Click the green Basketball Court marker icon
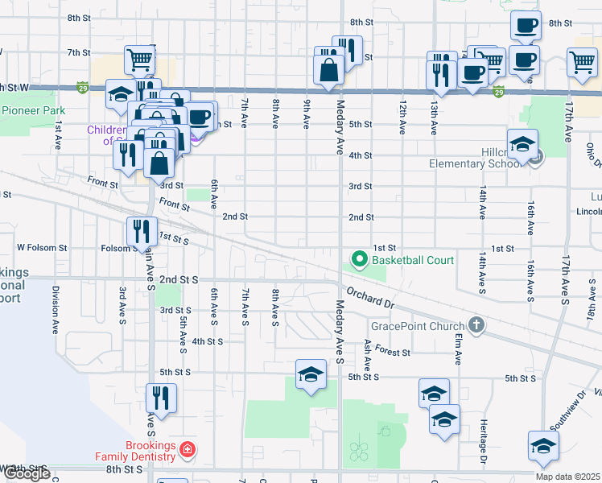359,259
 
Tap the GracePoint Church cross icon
476,325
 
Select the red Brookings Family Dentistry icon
187,448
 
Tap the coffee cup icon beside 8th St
526,25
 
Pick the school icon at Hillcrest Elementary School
522,145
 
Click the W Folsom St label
42,248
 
